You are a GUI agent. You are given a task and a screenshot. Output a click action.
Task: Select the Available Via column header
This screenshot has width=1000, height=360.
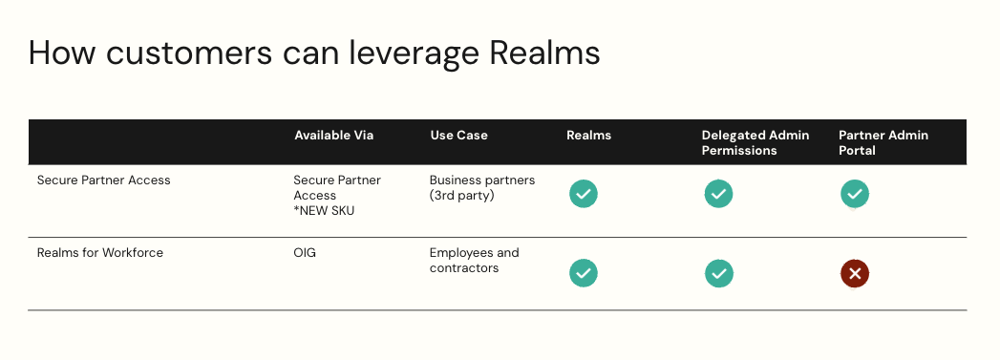click(x=333, y=136)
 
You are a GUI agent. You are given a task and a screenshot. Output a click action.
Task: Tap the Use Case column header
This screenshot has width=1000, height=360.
click(x=458, y=136)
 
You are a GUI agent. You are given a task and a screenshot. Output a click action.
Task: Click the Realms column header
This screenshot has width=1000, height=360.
click(x=588, y=136)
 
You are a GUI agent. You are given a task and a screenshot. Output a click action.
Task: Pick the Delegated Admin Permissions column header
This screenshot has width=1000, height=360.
click(x=755, y=142)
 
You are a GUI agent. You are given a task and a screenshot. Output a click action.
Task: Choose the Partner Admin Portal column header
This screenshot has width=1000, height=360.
click(x=883, y=142)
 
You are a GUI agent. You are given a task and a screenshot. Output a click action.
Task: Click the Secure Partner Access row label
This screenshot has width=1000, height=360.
click(x=103, y=180)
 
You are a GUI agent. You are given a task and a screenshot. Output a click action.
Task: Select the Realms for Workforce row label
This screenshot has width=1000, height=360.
click(x=99, y=253)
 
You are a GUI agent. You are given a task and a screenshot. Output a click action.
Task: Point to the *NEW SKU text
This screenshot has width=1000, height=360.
click(x=324, y=211)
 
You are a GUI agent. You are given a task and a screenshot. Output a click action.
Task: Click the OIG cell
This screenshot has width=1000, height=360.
click(x=306, y=253)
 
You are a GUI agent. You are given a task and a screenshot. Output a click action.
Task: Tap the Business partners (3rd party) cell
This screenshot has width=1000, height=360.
click(x=481, y=187)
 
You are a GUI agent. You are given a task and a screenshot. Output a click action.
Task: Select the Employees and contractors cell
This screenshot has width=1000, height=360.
click(x=474, y=261)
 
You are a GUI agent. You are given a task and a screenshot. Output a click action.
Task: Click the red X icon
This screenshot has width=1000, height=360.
click(x=855, y=274)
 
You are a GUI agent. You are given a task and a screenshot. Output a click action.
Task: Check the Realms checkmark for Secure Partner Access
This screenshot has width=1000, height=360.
click(x=584, y=194)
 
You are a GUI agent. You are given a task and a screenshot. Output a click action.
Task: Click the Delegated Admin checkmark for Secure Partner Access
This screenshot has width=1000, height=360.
click(x=718, y=194)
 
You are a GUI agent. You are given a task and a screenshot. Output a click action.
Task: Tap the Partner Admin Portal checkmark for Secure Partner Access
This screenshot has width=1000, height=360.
click(x=855, y=194)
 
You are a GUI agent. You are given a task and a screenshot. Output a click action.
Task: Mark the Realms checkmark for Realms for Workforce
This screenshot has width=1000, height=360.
click(x=584, y=274)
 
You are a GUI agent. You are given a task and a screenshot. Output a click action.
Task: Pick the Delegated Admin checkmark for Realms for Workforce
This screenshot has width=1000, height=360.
click(x=718, y=274)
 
